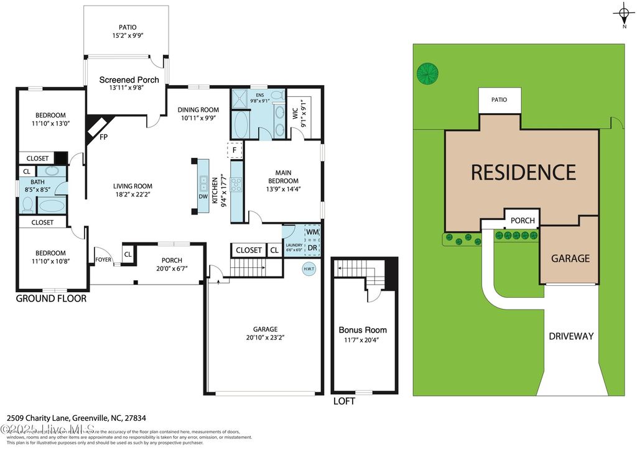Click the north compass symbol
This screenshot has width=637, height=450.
623,13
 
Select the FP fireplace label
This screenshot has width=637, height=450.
103,138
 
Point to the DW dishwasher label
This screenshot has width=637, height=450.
203,196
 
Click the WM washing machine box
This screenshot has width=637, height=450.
312,232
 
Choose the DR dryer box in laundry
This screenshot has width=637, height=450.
312,247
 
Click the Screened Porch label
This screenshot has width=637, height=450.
129,80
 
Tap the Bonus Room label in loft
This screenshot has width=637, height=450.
363,330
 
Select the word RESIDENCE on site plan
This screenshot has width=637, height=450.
523,172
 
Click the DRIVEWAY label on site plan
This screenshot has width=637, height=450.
571,336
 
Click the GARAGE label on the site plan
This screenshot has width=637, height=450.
570,258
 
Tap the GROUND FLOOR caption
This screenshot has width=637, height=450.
51,299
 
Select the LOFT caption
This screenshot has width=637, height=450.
344,402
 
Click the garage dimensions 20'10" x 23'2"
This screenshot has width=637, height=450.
265,337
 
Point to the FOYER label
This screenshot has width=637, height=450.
103,260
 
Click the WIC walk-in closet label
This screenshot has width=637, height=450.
294,114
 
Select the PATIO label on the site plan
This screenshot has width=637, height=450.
499,99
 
